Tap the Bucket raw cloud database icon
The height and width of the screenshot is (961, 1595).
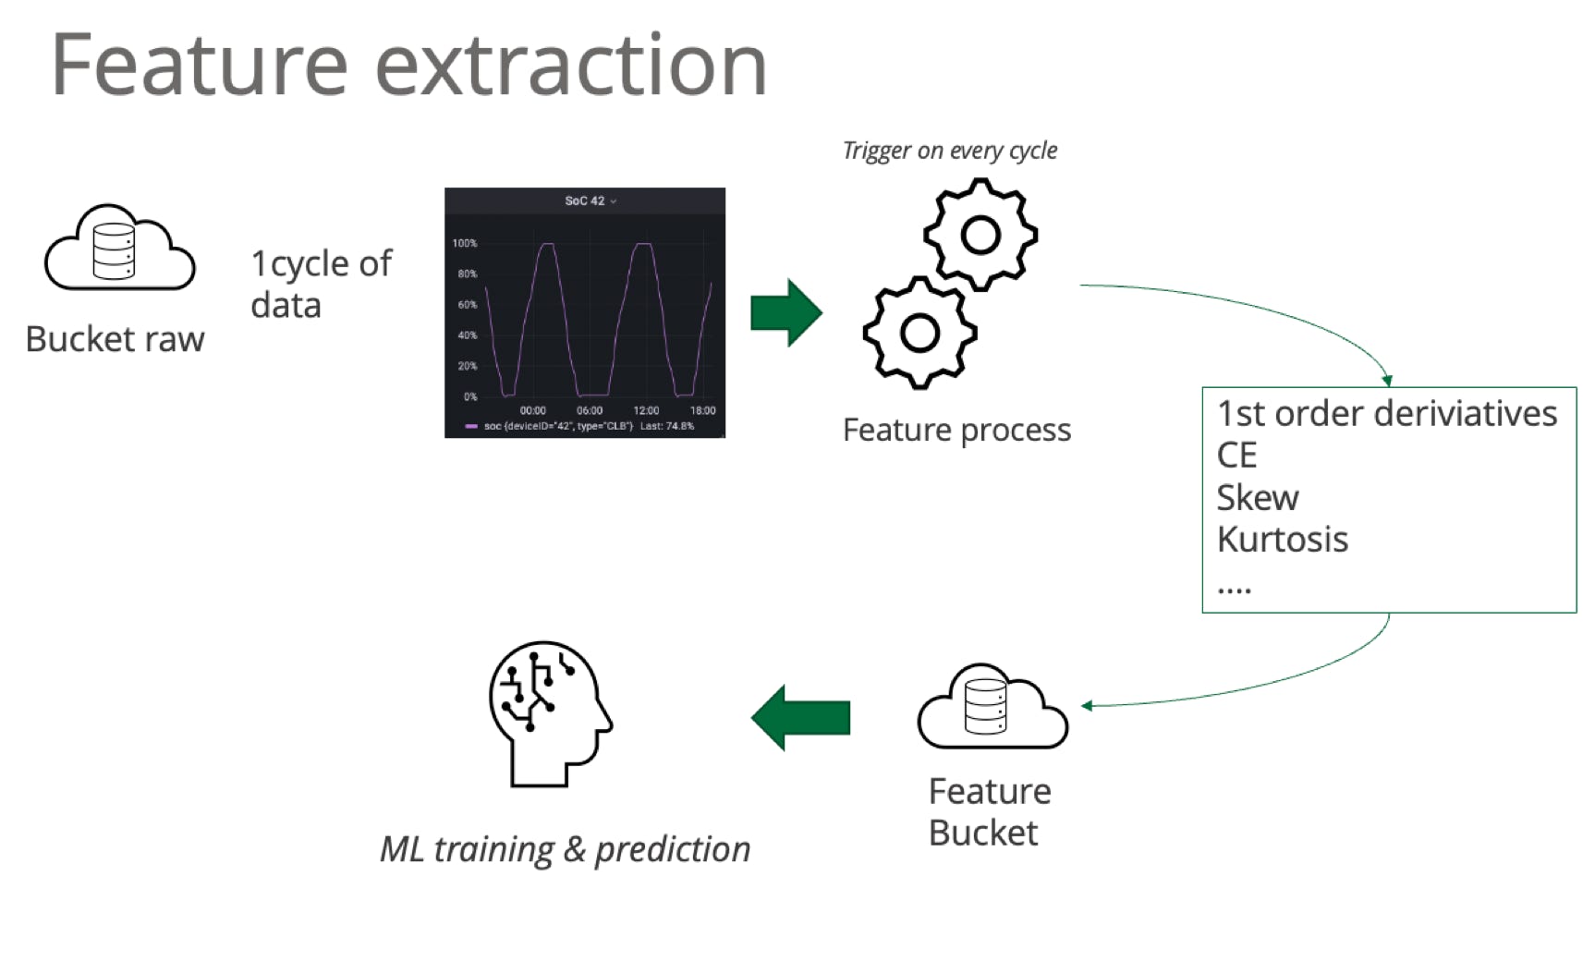click(x=119, y=247)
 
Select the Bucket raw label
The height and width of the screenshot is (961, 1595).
click(x=115, y=339)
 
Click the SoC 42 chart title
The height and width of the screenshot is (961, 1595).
click(x=585, y=201)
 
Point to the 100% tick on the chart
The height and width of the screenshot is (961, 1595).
click(x=465, y=243)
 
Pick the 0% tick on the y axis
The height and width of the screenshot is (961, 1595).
click(x=470, y=396)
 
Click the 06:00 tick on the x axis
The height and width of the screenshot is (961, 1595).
click(x=590, y=410)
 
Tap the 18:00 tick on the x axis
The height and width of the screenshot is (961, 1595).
click(x=702, y=410)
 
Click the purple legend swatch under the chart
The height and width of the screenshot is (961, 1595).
click(x=471, y=426)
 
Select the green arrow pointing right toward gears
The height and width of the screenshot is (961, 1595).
click(x=786, y=312)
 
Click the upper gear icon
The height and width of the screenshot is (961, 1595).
click(x=980, y=235)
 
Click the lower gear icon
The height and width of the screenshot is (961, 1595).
click(x=920, y=333)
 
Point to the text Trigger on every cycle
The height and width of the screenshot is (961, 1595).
click(x=950, y=151)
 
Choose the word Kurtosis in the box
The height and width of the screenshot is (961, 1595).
click(x=1283, y=539)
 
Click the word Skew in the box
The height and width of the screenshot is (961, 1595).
click(x=1258, y=497)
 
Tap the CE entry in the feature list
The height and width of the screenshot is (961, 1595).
click(x=1237, y=455)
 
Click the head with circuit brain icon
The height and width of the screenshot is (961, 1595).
click(x=551, y=714)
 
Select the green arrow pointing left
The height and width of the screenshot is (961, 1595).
click(x=800, y=718)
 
